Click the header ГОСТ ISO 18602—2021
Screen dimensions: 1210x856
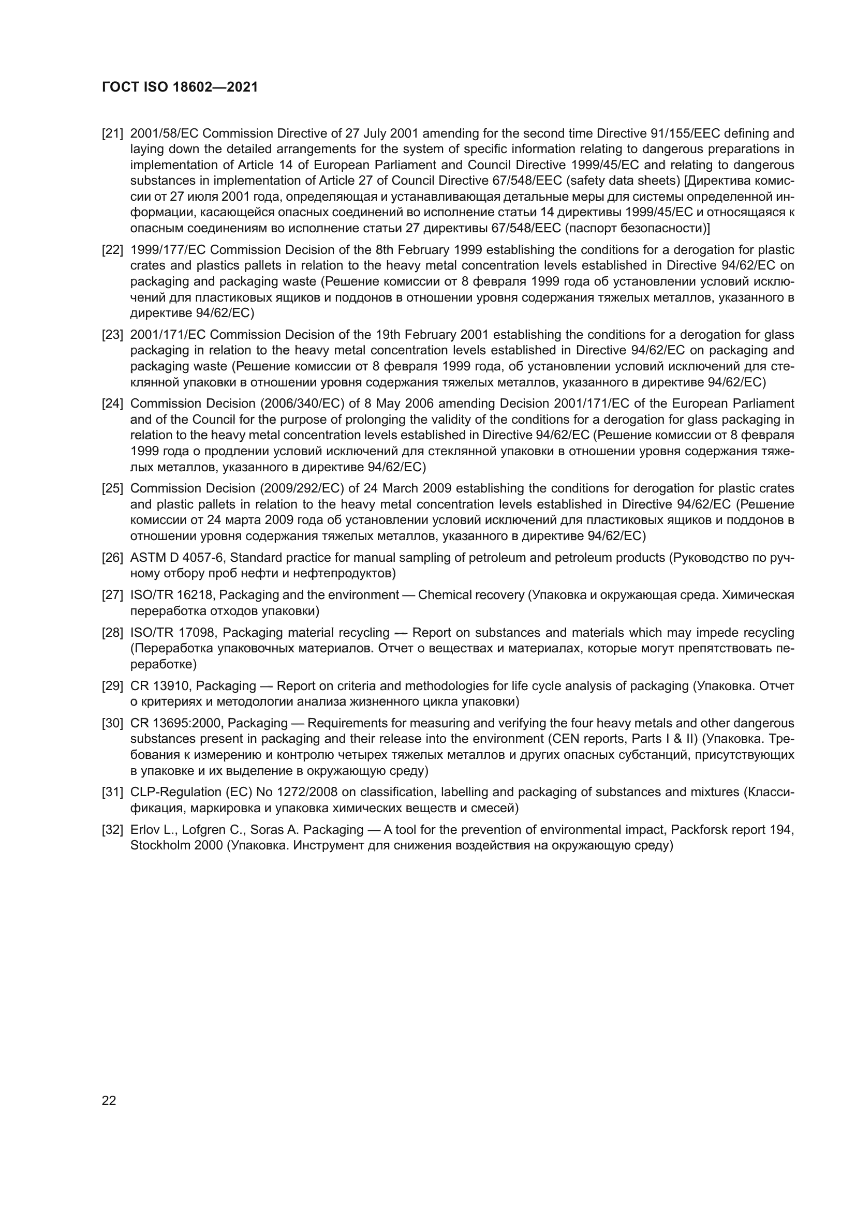180,87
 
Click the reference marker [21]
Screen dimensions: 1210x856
112,133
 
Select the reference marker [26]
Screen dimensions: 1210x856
112,558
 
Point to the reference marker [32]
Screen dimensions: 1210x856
112,830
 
